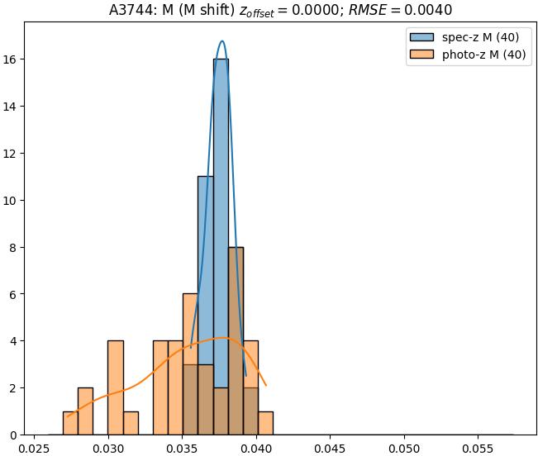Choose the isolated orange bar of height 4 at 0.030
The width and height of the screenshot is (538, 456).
(116, 387)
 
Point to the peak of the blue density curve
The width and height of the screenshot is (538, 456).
(221, 40)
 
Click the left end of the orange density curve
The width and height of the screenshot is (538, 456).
(67, 416)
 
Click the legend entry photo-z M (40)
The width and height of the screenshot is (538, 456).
(484, 56)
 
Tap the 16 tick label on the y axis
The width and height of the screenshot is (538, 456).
(12, 59)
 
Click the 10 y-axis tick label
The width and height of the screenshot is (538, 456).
(12, 200)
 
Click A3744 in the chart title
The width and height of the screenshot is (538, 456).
(131, 11)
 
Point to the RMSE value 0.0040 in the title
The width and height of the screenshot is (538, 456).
(432, 11)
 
